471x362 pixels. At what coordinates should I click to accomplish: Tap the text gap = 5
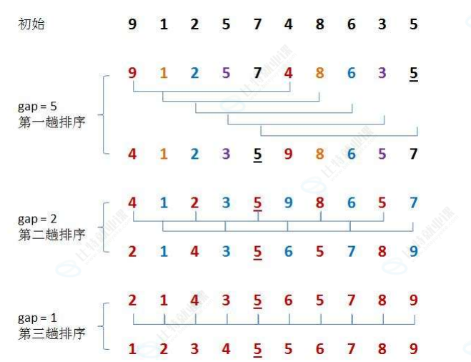tap(36, 107)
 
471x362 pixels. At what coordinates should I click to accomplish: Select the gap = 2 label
tap(36, 219)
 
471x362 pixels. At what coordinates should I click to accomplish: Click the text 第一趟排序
tap(51, 122)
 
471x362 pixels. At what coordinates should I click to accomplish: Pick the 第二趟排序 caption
tap(51, 235)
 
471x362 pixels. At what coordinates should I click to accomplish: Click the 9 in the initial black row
tap(132, 25)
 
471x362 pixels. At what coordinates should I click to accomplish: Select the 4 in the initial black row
tap(289, 25)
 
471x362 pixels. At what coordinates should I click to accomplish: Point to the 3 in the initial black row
tap(382, 25)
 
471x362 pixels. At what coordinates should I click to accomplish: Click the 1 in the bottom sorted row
tap(132, 350)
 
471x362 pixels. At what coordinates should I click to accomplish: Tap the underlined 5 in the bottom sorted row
tap(257, 350)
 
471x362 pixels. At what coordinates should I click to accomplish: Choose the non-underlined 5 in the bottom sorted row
tap(289, 350)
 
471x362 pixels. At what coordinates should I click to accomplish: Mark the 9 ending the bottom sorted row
tap(414, 350)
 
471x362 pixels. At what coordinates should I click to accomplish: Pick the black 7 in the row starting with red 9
tap(257, 73)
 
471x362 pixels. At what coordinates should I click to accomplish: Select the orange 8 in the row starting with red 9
tap(319, 73)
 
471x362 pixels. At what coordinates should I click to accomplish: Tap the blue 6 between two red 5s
tap(289, 251)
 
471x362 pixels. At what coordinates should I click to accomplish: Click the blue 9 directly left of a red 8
tap(289, 203)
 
